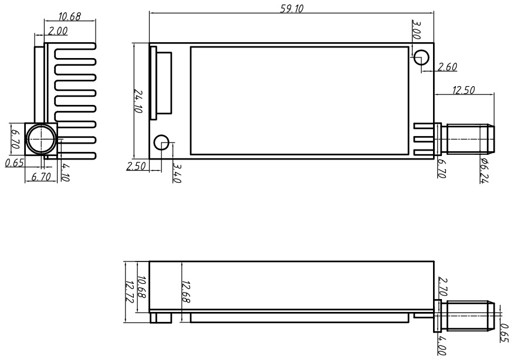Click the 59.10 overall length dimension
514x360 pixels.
coord(292,8)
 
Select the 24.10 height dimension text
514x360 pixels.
coord(139,100)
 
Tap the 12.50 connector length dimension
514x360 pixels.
coord(464,90)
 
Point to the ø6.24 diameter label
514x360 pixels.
coord(484,171)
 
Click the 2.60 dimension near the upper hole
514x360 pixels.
coord(447,67)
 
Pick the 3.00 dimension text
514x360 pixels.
coord(416,30)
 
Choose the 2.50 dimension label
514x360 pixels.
coord(136,167)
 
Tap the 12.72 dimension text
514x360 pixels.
coord(130,291)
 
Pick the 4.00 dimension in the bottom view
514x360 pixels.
coord(442,344)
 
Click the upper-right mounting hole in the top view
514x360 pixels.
coord(422,57)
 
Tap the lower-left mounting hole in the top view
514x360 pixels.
coord(161,142)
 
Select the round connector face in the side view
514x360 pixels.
coord(40,140)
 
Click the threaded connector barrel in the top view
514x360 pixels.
coord(468,140)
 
